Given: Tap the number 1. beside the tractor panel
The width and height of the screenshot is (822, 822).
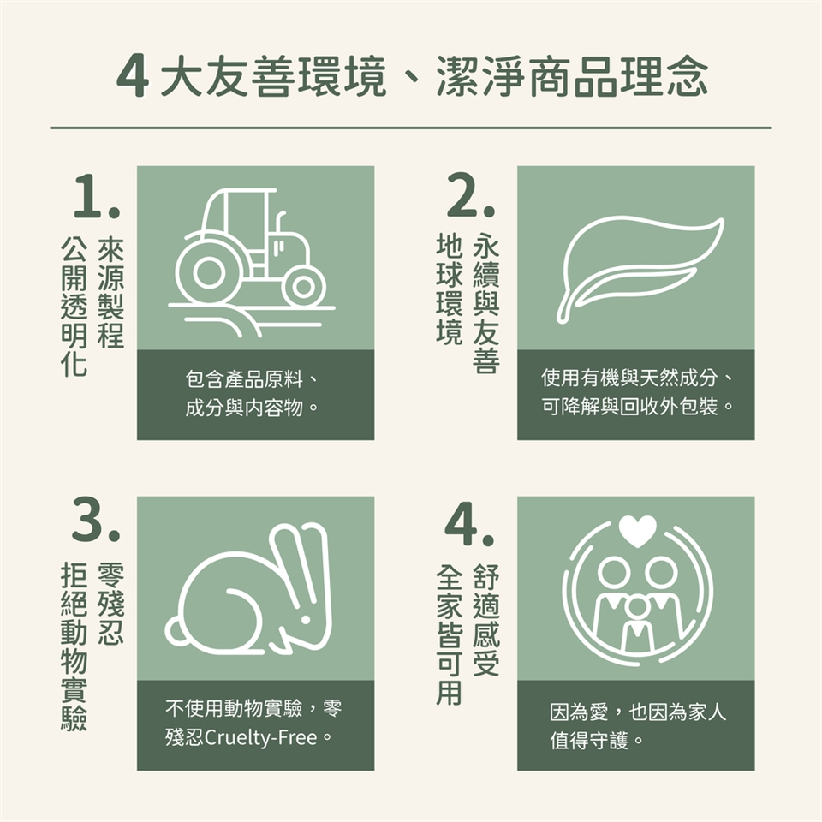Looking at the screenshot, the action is [x=97, y=196].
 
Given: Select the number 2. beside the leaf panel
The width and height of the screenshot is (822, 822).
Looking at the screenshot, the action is [x=470, y=194].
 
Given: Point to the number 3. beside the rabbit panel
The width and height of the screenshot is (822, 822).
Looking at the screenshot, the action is [x=96, y=520].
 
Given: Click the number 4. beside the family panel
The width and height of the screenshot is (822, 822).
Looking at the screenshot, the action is [x=469, y=524].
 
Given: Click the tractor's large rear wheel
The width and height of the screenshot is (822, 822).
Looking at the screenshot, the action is [x=209, y=272].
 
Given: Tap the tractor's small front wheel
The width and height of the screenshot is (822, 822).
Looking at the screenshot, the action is [x=303, y=286].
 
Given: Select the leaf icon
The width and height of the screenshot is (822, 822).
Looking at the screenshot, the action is [x=640, y=268].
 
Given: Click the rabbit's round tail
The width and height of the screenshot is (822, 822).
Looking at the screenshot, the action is [x=175, y=632].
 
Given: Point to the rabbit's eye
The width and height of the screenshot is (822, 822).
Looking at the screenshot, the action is [x=307, y=619].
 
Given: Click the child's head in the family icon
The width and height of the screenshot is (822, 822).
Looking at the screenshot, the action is [x=637, y=607].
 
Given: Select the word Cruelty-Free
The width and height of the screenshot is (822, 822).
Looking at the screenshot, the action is [x=260, y=737].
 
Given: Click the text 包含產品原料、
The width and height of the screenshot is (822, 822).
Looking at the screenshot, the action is [x=252, y=379].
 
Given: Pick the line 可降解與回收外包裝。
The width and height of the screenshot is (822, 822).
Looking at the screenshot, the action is [x=637, y=406].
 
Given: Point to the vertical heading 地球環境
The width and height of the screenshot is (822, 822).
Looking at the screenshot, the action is [x=450, y=289].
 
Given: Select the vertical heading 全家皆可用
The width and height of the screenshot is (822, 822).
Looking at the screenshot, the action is [x=450, y=634].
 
